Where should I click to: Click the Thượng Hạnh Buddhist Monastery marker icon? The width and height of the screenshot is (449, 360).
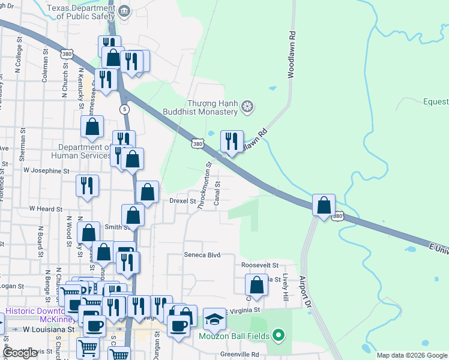[x=246, y=107]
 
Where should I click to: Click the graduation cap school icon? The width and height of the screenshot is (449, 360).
[x=214, y=319]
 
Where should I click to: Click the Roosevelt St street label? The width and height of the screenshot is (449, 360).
[x=260, y=265]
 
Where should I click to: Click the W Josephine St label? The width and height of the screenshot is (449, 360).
[x=46, y=171]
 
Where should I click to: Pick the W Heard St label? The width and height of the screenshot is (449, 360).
[x=46, y=209]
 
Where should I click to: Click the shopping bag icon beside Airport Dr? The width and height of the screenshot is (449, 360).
[x=324, y=205]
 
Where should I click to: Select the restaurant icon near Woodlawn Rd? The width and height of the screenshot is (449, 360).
[x=232, y=142]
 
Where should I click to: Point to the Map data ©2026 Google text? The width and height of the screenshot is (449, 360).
[x=411, y=355]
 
